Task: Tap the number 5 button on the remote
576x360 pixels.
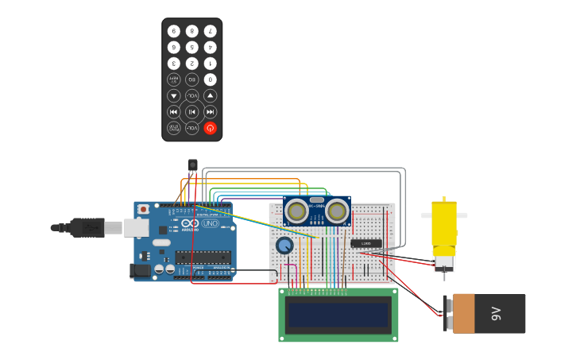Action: coord(192,47)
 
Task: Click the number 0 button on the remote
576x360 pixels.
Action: coord(210,79)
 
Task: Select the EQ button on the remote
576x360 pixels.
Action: coord(192,79)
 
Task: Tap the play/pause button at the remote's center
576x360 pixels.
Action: coord(192,112)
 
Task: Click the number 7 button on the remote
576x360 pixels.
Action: coord(210,31)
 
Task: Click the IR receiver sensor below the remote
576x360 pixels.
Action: coord(192,165)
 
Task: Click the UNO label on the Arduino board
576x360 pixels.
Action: coord(211,224)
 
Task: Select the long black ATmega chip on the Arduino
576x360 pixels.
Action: coord(203,257)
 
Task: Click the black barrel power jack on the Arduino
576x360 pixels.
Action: coord(140,271)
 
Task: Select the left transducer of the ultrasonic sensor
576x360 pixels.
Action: coord(297,211)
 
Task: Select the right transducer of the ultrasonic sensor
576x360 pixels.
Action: coord(337,211)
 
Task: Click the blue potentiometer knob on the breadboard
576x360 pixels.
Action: coord(284,246)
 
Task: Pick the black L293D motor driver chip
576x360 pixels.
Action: coord(366,243)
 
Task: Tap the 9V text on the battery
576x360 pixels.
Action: coord(497,313)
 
